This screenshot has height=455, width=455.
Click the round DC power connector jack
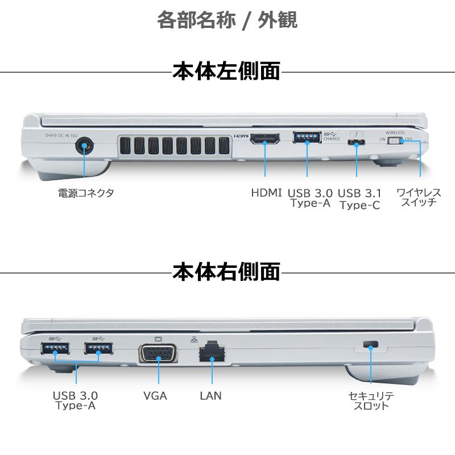tap(84, 146)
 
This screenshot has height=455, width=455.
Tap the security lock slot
tap(371, 345)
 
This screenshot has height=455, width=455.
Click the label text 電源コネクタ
tap(86, 193)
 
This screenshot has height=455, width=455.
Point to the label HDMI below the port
tap(266, 193)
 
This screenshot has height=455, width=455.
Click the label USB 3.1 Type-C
tap(359, 199)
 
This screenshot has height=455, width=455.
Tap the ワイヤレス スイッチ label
tap(419, 197)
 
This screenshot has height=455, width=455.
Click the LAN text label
tap(210, 395)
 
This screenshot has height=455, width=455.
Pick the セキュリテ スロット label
tap(371, 400)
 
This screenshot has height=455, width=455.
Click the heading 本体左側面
tap(226, 72)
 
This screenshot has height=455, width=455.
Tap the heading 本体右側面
tap(226, 271)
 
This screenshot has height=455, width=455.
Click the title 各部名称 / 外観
tap(227, 20)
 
